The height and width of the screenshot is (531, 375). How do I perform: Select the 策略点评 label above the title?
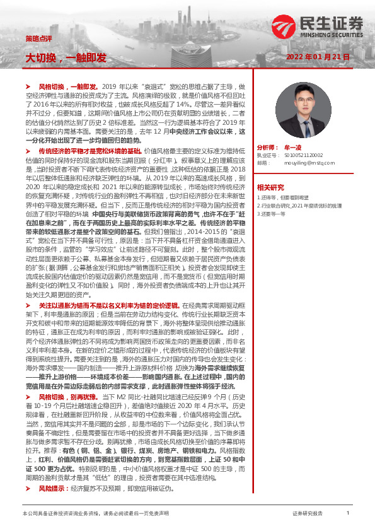pos(35,37)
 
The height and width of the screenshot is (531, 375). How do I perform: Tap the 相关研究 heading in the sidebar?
pos(271,188)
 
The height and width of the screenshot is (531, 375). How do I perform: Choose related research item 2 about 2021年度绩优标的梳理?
pos(297,206)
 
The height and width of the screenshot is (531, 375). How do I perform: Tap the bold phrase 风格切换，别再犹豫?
pos(67,397)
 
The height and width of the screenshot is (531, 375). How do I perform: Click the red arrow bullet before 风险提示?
pos(28,489)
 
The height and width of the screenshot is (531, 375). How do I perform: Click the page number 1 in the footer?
pos(348,514)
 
